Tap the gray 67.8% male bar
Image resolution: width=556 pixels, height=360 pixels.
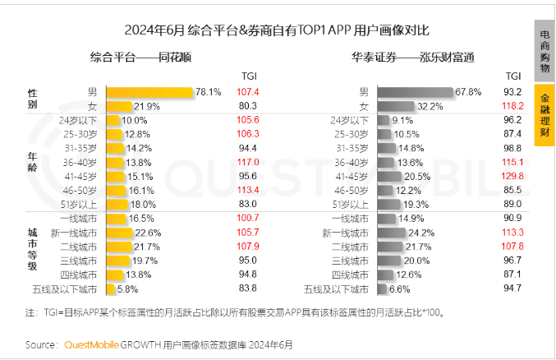[415, 92]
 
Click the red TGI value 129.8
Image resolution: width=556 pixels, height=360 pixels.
[513, 176]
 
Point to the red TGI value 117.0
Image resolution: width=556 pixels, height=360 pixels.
[247, 162]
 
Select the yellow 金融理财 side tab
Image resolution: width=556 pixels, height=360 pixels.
[545, 114]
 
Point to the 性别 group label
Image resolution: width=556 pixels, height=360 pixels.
[33, 99]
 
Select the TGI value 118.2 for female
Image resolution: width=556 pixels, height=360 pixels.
[513, 106]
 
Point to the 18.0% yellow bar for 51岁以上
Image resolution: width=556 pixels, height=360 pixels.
[115, 204]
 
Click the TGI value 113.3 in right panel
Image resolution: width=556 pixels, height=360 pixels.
[513, 233]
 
